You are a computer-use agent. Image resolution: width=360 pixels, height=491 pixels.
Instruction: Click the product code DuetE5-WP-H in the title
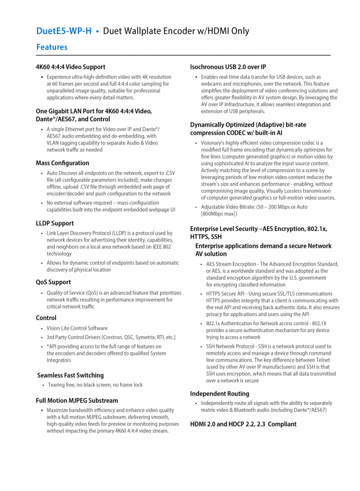[x=64, y=31]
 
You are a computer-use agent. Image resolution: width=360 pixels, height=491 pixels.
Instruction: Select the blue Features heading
[x=51, y=47]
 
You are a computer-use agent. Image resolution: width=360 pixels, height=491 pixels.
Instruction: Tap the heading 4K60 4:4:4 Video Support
[x=70, y=67]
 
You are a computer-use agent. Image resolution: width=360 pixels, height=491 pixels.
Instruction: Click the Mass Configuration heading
[x=62, y=163]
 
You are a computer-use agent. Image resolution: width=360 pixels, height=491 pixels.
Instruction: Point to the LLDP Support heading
[x=55, y=223]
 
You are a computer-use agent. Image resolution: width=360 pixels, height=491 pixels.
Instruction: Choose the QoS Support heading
[x=53, y=282]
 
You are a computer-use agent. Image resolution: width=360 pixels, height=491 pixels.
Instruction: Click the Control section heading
[x=46, y=318]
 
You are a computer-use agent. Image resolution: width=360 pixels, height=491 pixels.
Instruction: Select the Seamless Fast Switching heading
[x=70, y=375]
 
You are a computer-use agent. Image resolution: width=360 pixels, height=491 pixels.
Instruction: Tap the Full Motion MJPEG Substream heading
[x=77, y=400]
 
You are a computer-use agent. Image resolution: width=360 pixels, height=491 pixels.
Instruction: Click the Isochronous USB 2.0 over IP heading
[x=228, y=67]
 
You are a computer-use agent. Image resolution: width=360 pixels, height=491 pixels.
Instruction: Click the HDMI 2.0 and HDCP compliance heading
[x=243, y=424]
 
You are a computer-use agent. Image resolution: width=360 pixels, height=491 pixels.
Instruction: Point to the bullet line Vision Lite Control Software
[x=77, y=328]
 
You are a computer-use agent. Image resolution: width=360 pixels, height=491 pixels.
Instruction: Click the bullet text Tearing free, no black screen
[x=95, y=385]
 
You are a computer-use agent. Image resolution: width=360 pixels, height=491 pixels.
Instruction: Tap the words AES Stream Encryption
[x=231, y=264]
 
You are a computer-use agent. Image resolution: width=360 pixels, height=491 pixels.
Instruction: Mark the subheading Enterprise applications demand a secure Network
[x=263, y=246]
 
